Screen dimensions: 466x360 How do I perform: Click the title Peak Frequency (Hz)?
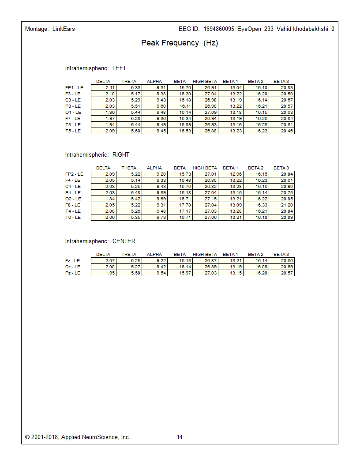(180, 43)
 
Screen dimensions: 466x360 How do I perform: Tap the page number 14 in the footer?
(180, 437)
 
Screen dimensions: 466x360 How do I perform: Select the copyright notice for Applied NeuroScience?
(78, 437)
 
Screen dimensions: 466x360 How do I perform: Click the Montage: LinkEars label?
(50, 29)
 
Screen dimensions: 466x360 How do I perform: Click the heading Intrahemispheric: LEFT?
(96, 68)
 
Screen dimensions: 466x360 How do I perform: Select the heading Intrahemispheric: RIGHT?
(97, 155)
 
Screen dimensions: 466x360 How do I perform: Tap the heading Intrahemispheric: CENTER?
(100, 241)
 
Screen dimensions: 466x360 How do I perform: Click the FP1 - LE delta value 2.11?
(110, 88)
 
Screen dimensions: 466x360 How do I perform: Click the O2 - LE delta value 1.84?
(110, 199)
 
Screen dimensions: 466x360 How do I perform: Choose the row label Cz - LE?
(72, 267)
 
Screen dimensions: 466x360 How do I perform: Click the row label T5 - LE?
(73, 131)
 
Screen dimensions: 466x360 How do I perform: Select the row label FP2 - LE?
(74, 174)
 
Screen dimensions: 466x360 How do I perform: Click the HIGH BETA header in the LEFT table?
(205, 81)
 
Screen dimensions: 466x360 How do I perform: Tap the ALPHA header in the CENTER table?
(154, 254)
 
